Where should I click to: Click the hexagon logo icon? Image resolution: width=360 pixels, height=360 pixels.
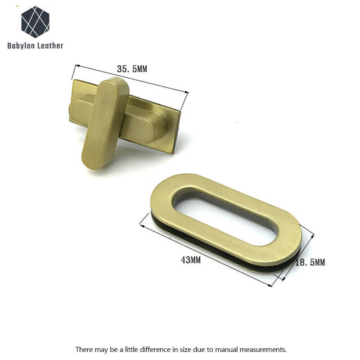[x=36, y=22]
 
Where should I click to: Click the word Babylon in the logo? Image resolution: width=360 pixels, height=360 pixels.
[x=21, y=46]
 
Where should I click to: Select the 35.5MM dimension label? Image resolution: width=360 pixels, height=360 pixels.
[x=132, y=69]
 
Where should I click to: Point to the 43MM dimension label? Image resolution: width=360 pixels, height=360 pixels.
[x=190, y=260]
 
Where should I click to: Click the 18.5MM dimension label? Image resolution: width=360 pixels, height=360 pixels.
[x=310, y=262]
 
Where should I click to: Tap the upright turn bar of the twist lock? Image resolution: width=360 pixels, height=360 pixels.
[x=105, y=123]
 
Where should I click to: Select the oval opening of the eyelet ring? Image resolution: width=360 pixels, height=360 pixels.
[x=225, y=218]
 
